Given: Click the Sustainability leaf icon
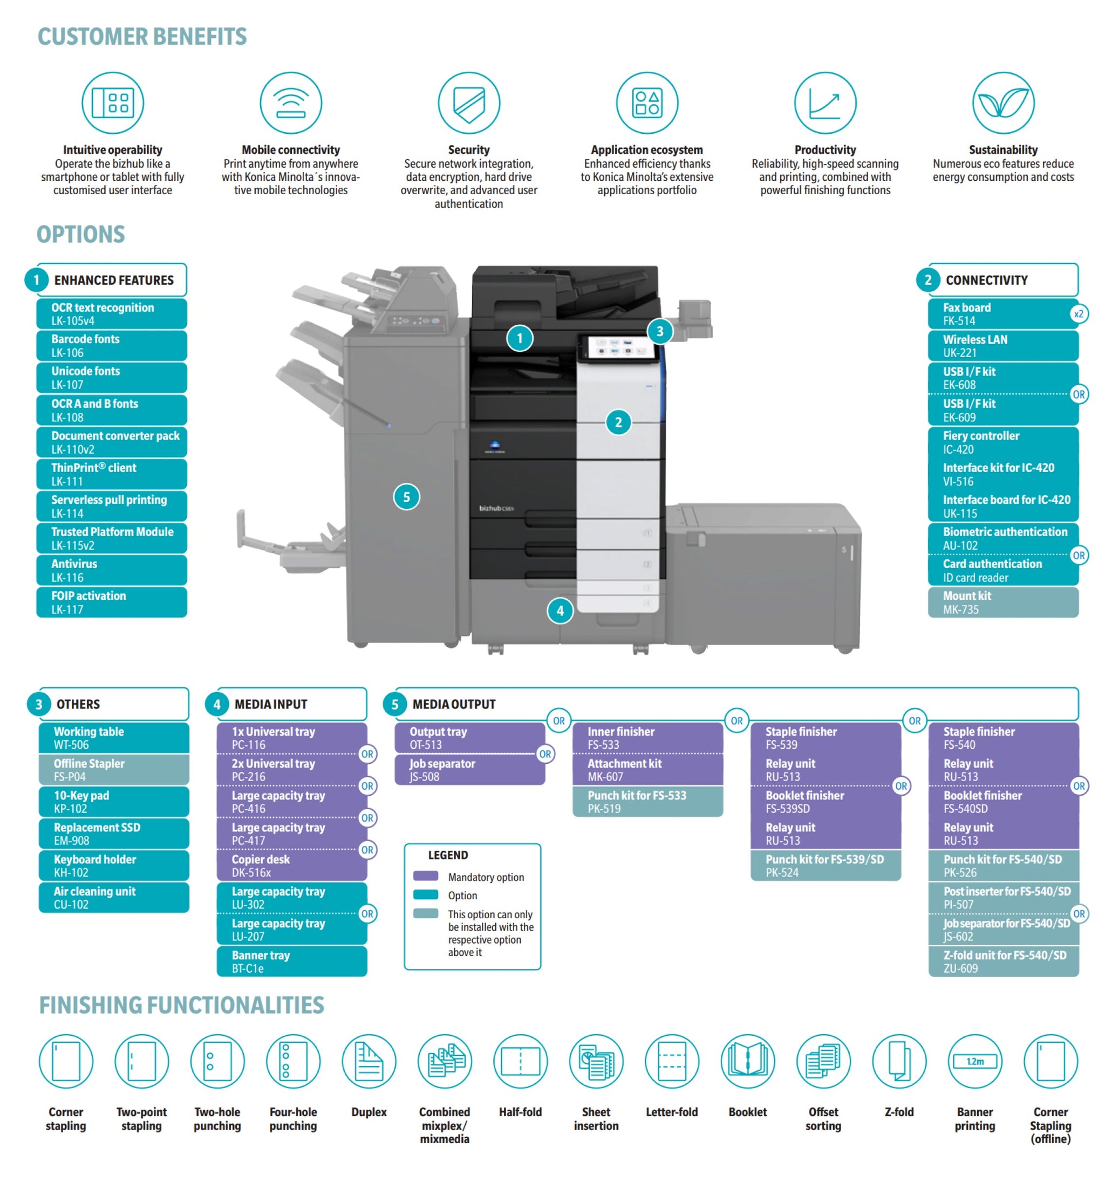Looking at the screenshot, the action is pyautogui.click(x=1002, y=103).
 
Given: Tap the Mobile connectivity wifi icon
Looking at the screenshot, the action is pyautogui.click(x=291, y=103).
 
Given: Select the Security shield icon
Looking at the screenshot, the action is pyautogui.click(x=469, y=103).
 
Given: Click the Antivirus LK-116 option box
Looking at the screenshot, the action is pyautogui.click(x=112, y=570).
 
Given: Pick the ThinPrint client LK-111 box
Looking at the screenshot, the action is pyautogui.click(x=112, y=474).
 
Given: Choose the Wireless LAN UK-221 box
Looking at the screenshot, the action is pyautogui.click(x=1002, y=345).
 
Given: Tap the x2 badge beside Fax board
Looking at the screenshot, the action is pyautogui.click(x=1078, y=314).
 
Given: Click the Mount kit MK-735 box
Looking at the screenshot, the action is pyautogui.click(x=1002, y=602).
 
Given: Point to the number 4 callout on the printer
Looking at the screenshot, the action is pyautogui.click(x=560, y=611).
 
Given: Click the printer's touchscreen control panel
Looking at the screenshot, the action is pyautogui.click(x=617, y=348).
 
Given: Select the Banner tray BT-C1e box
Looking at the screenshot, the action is pyautogui.click(x=291, y=961).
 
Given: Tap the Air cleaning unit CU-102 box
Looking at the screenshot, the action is pyautogui.click(x=114, y=897).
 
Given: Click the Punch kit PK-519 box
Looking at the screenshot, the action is pyautogui.click(x=647, y=802).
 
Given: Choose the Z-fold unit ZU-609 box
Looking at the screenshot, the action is pyautogui.click(x=1004, y=961).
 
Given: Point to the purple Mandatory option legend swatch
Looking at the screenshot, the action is pyautogui.click(x=425, y=876).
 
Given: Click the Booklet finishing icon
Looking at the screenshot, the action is pyautogui.click(x=748, y=1061).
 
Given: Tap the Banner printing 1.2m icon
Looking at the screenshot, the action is pyautogui.click(x=974, y=1061).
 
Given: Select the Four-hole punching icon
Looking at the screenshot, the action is pyautogui.click(x=293, y=1061).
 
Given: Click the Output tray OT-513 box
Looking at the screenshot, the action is pyautogui.click(x=469, y=737).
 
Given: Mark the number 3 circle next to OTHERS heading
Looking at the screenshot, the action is pyautogui.click(x=39, y=705).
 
